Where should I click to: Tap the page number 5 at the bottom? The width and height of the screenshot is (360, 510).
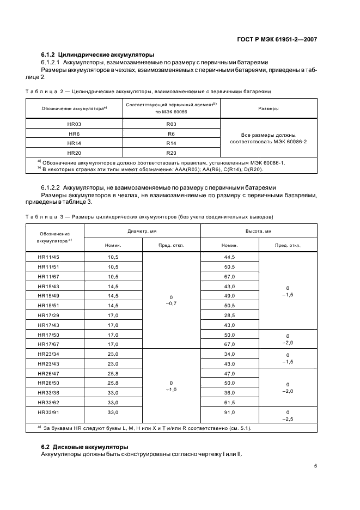pos(315,466)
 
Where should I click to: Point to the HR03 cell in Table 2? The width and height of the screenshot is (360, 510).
pos(75,124)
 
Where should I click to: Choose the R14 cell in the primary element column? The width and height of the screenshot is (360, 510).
pos(171,143)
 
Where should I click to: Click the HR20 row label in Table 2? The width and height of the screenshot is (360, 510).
pos(75,152)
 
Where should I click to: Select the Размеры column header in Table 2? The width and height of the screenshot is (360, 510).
pos(268,108)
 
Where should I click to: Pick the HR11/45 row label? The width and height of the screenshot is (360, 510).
pos(48,257)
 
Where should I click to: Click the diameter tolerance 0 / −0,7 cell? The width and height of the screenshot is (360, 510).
pos(171,300)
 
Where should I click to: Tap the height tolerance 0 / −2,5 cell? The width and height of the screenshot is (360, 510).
pos(288,416)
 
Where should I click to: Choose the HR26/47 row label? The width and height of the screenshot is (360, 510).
pos(48,374)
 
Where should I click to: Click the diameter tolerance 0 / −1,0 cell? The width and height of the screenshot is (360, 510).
pos(171,386)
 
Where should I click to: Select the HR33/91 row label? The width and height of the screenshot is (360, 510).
pos(48,412)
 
